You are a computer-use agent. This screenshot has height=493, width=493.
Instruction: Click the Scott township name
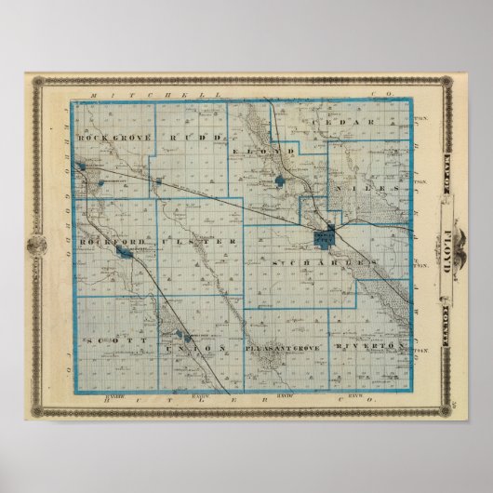pyautogui.click(x=105, y=341)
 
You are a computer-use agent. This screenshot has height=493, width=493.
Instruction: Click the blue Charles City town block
pyautogui.click(x=325, y=237)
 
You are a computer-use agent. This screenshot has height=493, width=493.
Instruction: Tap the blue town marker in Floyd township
pyautogui.click(x=282, y=177)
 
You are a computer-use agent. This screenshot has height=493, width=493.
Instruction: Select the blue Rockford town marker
pyautogui.click(x=121, y=250)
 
